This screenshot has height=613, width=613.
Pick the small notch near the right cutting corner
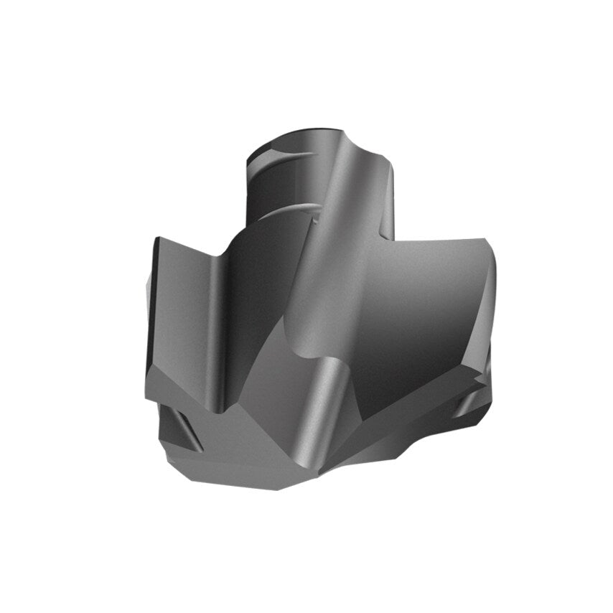pyautogui.click(x=474, y=399)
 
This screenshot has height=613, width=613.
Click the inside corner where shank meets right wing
pyautogui.click(x=394, y=240)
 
